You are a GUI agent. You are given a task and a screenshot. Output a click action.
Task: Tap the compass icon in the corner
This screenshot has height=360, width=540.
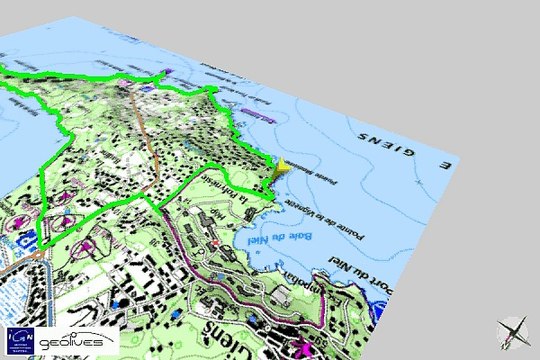(x=514, y=331)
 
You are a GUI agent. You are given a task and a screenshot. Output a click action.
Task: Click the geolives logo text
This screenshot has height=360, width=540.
(x=78, y=338)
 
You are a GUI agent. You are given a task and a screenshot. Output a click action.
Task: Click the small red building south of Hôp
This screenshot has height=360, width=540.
(x=214, y=239)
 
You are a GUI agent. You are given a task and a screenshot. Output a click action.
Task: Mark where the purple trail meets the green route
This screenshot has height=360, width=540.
(x=160, y=210)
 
